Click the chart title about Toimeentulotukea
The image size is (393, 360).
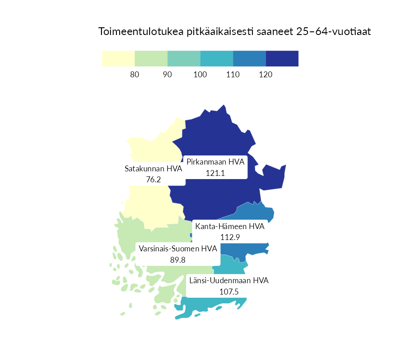[x=235, y=32]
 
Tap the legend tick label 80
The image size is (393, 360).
[x=135, y=75]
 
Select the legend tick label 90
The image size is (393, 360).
[x=167, y=75]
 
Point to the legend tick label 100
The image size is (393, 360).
[x=200, y=75]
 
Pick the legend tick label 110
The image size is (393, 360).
[x=233, y=75]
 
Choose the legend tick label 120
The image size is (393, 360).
[x=266, y=75]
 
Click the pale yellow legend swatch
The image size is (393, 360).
[x=118, y=59]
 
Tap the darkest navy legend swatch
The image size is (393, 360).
[x=282, y=59]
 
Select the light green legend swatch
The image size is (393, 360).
[x=151, y=59]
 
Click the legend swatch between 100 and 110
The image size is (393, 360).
[x=217, y=59]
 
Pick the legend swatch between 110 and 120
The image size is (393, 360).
[x=249, y=59]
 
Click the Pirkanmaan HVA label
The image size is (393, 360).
[x=216, y=162]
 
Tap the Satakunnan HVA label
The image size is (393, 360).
[x=153, y=169]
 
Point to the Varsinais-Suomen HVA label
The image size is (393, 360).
[x=178, y=249]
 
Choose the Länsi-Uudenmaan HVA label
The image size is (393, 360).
[x=229, y=280]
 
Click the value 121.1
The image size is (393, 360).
[x=216, y=173]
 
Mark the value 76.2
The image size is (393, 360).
[x=153, y=180]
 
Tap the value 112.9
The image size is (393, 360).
[x=230, y=237]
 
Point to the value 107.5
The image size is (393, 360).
[x=229, y=291]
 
